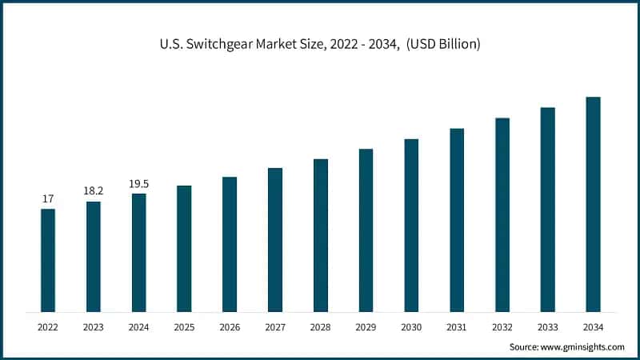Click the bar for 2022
click(x=48, y=260)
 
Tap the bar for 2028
click(x=321, y=235)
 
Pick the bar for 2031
click(x=457, y=220)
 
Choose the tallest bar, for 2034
click(x=593, y=204)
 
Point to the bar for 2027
click(x=275, y=240)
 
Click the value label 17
click(x=48, y=198)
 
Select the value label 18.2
click(x=94, y=191)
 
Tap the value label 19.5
click(x=139, y=184)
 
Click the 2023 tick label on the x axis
click(x=94, y=327)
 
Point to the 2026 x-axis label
click(x=230, y=327)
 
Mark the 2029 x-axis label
click(x=366, y=327)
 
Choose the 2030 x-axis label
click(x=411, y=327)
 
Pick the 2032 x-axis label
click(x=502, y=327)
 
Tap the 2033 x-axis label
click(x=547, y=327)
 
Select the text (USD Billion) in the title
click(x=442, y=44)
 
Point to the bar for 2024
click(x=139, y=252)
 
